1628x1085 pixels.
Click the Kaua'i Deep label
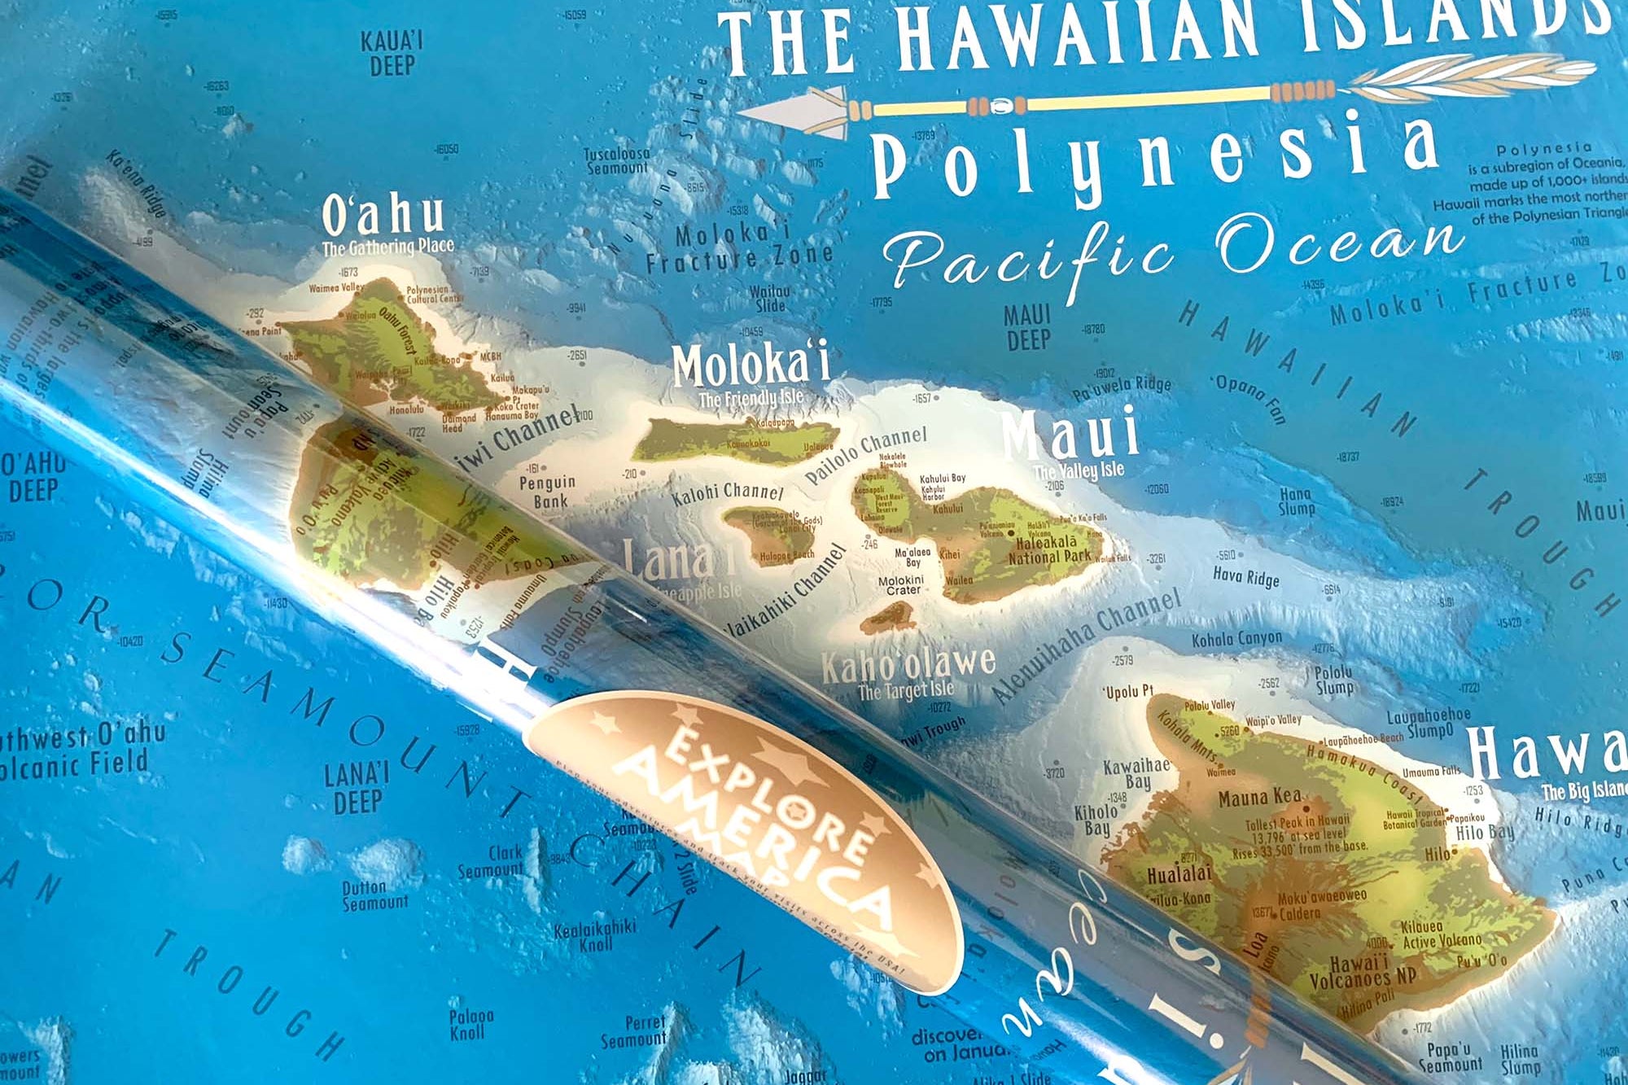pos(392,53)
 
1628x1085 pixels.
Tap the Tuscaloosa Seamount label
pos(617,160)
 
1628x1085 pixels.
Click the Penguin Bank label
pos(548,492)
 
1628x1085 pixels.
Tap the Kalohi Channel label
pos(727,492)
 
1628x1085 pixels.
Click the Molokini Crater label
pos(901,585)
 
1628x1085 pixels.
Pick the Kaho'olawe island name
pos(908,664)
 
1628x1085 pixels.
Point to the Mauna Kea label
pos(1258,798)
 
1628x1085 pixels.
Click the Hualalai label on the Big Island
pos(1179,875)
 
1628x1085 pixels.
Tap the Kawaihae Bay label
pos(1136,773)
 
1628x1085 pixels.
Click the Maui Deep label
pos(1027,327)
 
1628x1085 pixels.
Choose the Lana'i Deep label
pos(357,787)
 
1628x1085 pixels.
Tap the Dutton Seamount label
pos(374,895)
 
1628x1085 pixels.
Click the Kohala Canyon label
pos(1236,640)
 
